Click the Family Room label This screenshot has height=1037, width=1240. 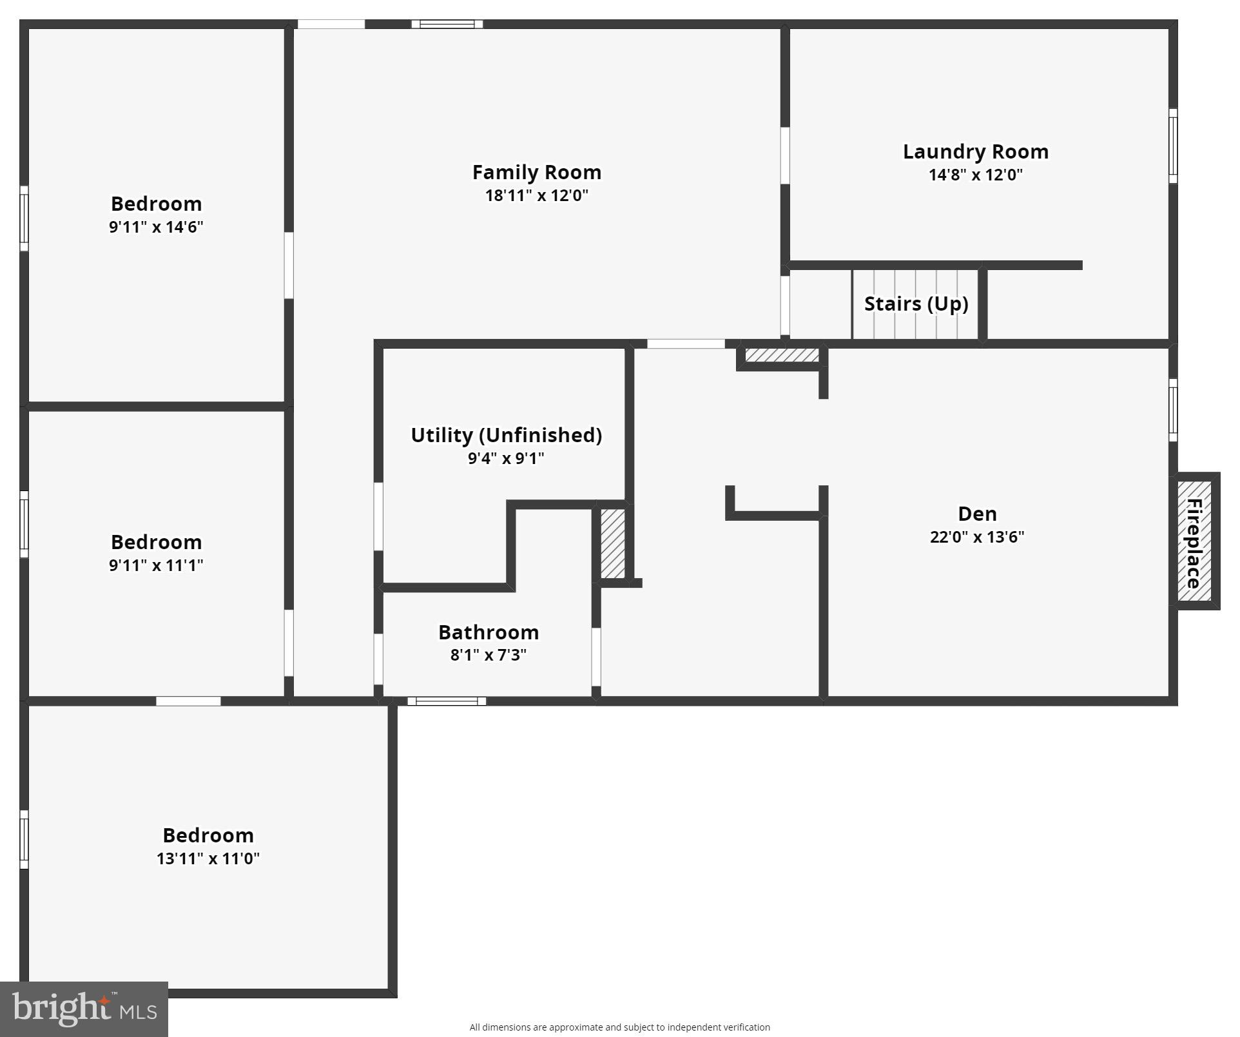click(x=536, y=172)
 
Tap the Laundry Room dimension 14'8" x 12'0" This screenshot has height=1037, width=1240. click(x=975, y=175)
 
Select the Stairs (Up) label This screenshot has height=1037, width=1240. click(x=916, y=304)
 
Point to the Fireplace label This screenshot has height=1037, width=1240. click(x=1194, y=543)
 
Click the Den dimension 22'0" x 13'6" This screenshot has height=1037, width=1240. click(x=976, y=537)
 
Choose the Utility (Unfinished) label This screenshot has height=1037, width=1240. click(x=506, y=435)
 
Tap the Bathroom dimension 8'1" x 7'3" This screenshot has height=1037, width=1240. click(x=488, y=655)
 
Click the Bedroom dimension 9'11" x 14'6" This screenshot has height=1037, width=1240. click(x=156, y=227)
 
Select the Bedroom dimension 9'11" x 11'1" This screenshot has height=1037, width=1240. click(x=156, y=565)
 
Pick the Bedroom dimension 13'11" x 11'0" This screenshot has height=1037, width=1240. click(x=208, y=858)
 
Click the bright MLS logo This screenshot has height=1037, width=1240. click(x=84, y=1009)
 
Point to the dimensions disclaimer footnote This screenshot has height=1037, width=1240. click(x=619, y=1027)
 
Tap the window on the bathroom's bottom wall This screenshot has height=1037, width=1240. click(x=447, y=701)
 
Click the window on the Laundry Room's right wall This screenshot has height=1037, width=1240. click(x=1173, y=146)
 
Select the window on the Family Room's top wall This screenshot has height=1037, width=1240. click(x=447, y=24)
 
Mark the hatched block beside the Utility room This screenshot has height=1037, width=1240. click(x=612, y=543)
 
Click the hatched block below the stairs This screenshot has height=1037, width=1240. click(x=782, y=355)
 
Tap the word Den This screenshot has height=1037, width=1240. click(x=977, y=514)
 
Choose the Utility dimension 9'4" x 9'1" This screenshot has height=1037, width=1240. click(x=506, y=458)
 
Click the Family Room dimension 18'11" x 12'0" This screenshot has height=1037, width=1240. click(x=536, y=195)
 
